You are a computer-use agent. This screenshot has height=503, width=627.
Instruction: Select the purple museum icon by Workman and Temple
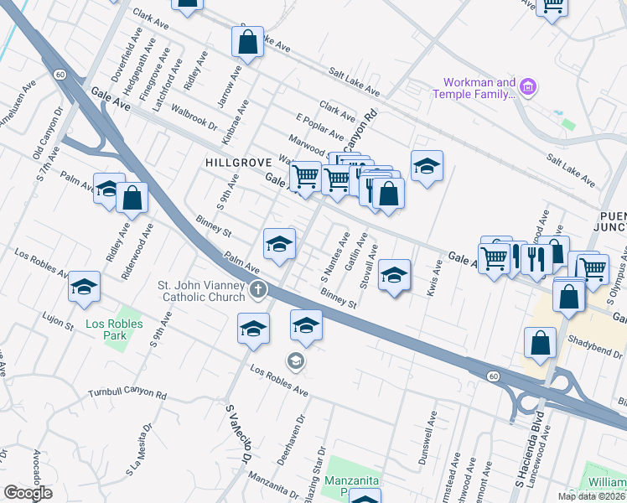[x=528, y=86]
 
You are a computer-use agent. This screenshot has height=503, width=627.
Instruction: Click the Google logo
[x=28, y=493]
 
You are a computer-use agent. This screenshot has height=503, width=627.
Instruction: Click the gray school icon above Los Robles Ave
[x=295, y=361]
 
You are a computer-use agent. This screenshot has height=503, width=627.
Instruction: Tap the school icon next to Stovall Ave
[x=393, y=274]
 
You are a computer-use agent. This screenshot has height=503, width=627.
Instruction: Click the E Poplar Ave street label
[x=319, y=125]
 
